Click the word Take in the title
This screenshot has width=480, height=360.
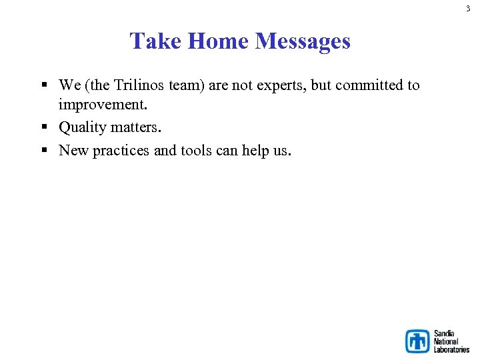coord(156,41)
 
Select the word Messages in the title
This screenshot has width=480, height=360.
coord(303,41)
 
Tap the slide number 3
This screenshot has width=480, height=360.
coord(468,9)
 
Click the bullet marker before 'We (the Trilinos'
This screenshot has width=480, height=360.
coord(44,85)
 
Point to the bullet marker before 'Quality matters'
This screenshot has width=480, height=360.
coord(44,127)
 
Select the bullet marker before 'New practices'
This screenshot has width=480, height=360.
coord(44,151)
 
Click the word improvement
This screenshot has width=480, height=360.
coord(103,105)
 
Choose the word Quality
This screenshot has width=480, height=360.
coord(83,127)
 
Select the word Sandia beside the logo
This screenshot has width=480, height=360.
coord(443,333)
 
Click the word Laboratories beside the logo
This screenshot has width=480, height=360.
coord(451,349)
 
